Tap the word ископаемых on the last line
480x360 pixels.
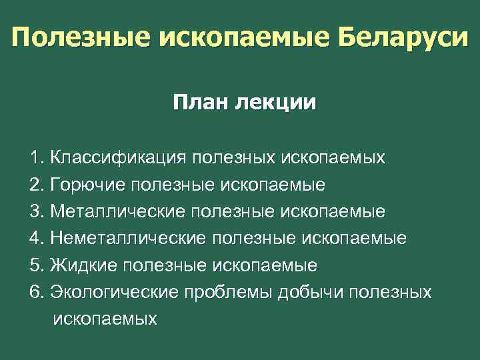(105, 319)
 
